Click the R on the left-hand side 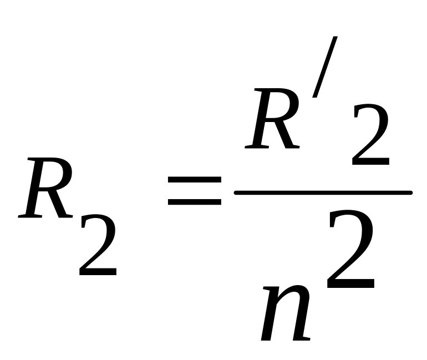(45, 189)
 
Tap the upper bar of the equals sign (195, 181)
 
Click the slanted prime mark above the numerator (324, 67)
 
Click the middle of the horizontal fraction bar (323, 192)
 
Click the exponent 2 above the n (351, 251)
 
